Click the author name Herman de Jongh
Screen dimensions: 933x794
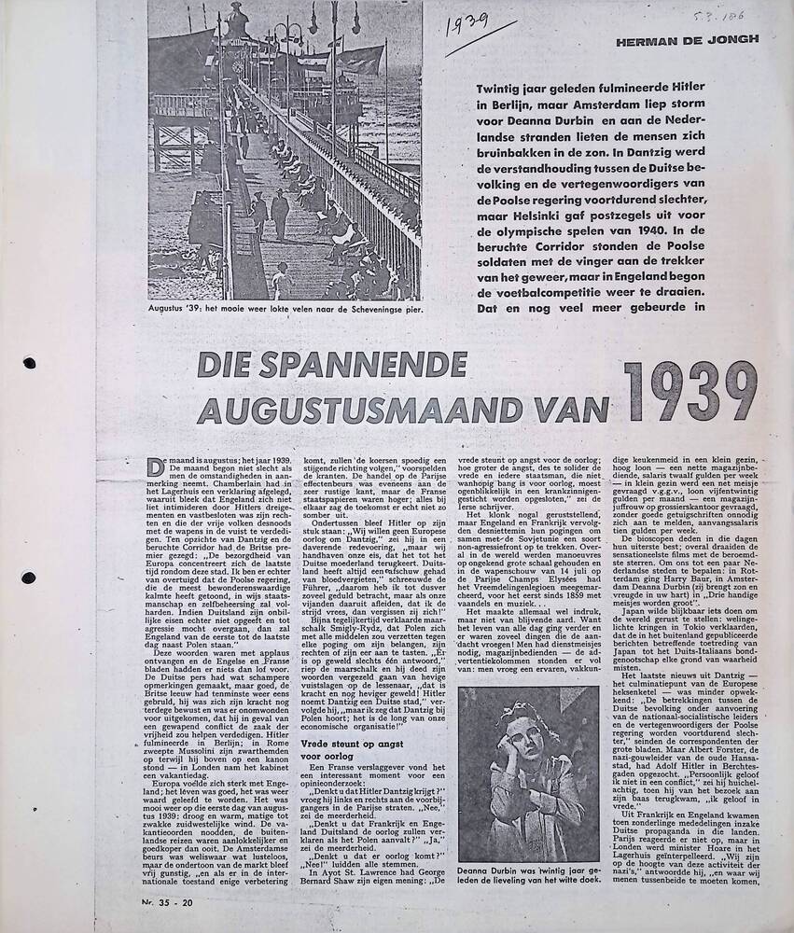tap(687, 39)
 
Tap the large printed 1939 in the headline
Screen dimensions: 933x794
tap(690, 391)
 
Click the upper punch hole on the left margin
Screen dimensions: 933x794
tap(30, 363)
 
